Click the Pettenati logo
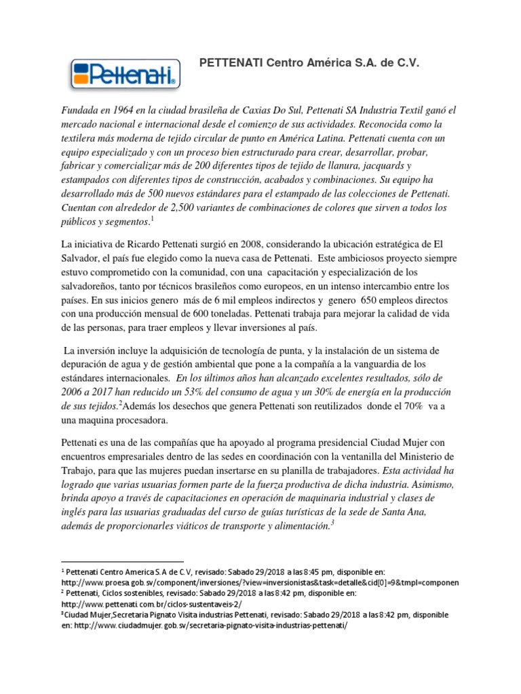126,74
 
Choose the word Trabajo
79,469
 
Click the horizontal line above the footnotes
122,562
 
